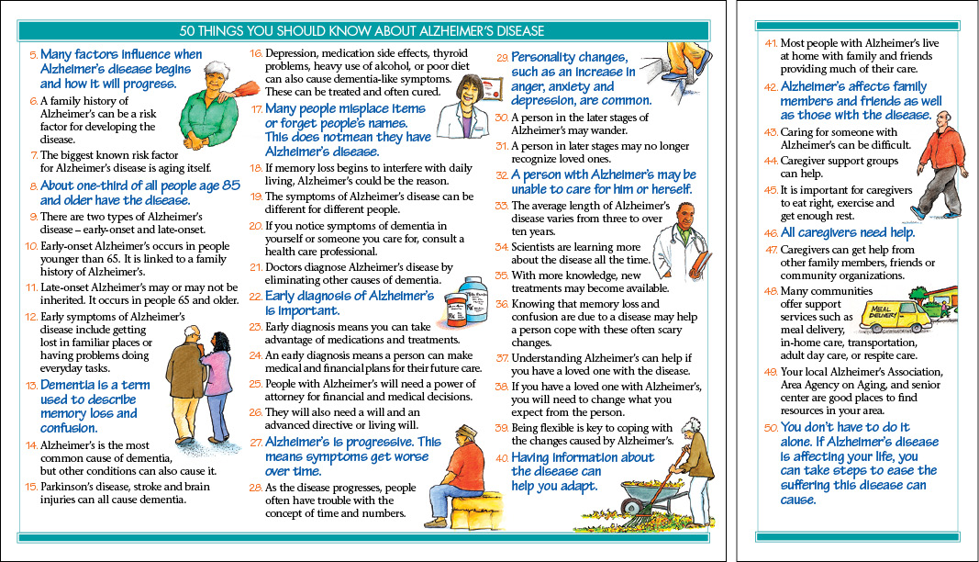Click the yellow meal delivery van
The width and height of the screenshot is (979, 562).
[x=892, y=316]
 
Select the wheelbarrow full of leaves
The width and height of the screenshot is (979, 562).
[x=650, y=495]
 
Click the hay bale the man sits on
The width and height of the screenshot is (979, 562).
[x=477, y=511]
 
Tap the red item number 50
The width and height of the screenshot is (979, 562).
[x=771, y=428]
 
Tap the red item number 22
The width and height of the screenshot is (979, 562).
[x=255, y=298]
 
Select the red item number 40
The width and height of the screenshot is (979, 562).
[x=501, y=457]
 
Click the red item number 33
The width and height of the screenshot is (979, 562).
[x=501, y=206]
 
